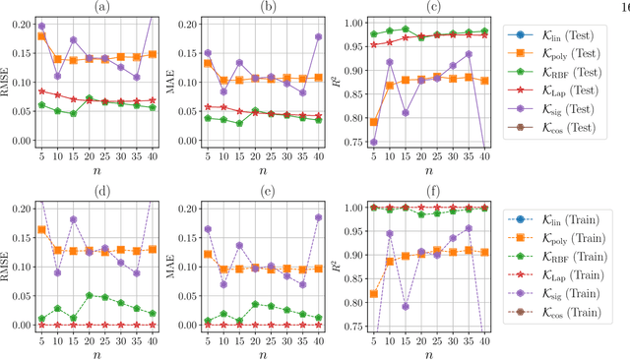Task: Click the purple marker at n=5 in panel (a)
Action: (40, 26)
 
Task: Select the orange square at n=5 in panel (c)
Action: (372, 122)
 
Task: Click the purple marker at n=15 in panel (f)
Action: (404, 306)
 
